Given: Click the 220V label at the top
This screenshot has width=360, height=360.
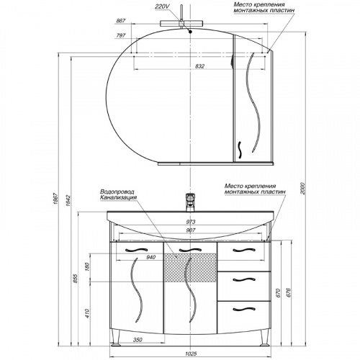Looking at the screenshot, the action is (x=162, y=6).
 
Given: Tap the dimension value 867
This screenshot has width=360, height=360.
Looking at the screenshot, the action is (x=121, y=21).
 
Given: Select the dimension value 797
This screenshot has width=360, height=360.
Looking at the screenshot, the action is (x=121, y=35).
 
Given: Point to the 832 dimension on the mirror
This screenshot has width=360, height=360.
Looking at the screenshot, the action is (x=199, y=66).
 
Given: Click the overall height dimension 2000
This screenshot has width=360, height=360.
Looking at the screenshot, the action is (x=302, y=189).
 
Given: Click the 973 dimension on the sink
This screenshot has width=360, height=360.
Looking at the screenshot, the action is (x=191, y=222).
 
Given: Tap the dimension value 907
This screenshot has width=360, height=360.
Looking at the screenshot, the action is (x=191, y=230).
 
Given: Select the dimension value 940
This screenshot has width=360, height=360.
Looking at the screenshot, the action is (x=151, y=257).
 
